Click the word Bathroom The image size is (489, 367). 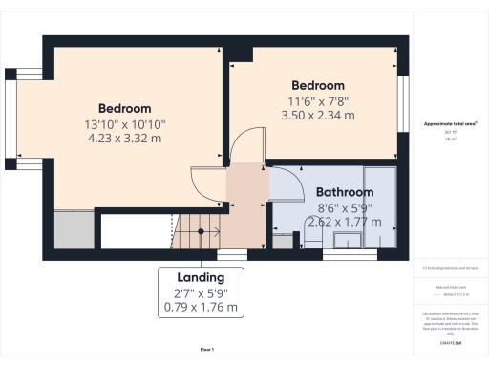[345, 191]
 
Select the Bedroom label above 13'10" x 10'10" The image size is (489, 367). [125, 107]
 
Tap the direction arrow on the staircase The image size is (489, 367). [201, 229]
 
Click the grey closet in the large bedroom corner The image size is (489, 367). [73, 231]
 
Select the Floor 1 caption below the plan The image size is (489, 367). [206, 351]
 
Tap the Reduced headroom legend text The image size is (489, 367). [449, 285]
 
